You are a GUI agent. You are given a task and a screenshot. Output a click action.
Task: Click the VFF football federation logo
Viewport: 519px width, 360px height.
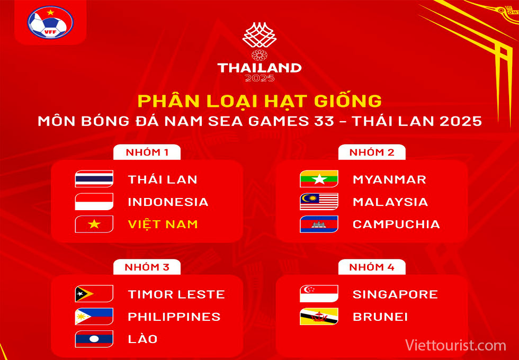(50, 22)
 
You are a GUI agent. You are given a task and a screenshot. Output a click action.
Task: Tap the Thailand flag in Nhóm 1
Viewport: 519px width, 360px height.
(94, 179)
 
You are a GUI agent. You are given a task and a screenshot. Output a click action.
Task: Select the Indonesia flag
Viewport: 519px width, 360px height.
(94, 202)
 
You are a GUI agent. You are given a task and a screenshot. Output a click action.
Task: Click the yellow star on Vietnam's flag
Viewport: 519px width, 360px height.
(94, 224)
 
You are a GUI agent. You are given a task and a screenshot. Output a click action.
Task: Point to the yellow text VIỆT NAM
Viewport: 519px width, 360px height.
(163, 224)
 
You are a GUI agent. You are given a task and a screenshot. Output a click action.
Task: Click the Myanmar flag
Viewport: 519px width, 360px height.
(319, 179)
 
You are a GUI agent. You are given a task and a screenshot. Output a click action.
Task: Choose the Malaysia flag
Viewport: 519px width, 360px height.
(319, 202)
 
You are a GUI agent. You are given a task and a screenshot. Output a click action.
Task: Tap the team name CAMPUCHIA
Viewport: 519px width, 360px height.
(396, 224)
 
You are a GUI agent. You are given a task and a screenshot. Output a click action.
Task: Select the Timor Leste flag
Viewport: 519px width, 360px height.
(94, 293)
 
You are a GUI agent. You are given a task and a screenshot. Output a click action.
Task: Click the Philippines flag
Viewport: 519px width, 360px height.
(94, 316)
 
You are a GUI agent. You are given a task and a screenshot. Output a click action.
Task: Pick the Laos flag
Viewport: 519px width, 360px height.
(94, 339)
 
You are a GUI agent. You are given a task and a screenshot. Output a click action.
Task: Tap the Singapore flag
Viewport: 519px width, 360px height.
(319, 293)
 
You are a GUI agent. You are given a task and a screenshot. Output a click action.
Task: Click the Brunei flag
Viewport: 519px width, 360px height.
(319, 316)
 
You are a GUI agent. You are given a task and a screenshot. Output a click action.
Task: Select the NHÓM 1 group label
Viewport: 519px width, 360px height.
(147, 152)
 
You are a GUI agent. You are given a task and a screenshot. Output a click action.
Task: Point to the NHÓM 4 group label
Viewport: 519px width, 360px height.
(372, 267)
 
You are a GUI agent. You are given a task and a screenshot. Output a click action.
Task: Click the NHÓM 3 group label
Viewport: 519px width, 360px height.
(147, 267)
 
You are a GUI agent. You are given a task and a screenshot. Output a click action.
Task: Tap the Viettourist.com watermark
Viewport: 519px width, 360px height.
(456, 345)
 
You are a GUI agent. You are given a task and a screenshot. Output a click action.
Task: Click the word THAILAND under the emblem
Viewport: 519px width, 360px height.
(259, 68)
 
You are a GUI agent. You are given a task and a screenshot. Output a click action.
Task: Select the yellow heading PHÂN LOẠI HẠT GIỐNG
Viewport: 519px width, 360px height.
(259, 101)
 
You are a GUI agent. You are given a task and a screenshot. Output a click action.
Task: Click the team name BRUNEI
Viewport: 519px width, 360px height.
(380, 317)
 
